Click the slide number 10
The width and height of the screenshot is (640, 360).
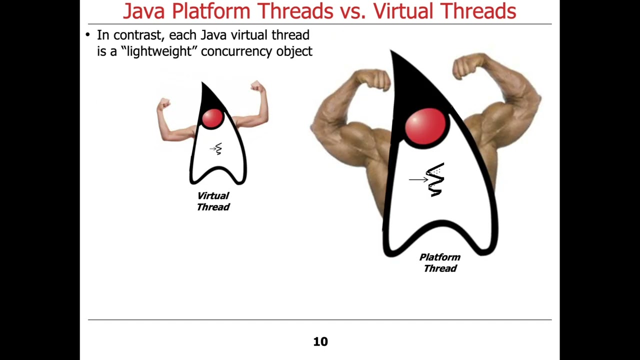[x=320, y=341]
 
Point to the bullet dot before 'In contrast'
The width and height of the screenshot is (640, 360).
[x=87, y=35]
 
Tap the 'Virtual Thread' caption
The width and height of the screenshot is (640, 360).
[x=213, y=201]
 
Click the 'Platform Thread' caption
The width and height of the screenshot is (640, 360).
[x=439, y=263]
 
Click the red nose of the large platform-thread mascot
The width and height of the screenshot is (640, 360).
[x=425, y=126]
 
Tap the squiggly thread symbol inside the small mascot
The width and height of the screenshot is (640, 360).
[x=218, y=149]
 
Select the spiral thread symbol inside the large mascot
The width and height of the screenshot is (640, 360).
[x=435, y=179]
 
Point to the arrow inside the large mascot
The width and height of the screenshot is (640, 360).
[x=417, y=179]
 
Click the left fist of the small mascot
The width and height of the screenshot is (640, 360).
[x=163, y=103]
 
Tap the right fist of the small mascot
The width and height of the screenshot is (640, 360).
[x=257, y=86]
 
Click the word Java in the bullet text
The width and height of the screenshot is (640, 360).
[x=214, y=35]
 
